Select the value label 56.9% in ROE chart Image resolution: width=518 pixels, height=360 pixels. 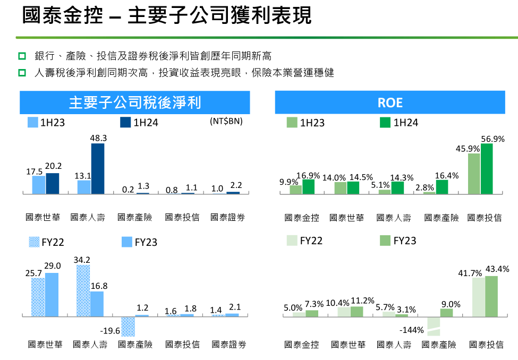coord(492,139)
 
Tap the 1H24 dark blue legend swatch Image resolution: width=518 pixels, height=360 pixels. coord(125,123)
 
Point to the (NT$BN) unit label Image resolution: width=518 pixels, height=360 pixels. coord(226,122)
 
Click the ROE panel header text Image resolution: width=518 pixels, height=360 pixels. coord(390,102)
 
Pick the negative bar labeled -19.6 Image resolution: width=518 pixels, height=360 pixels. coord(128,326)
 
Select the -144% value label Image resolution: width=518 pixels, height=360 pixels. coord(412,330)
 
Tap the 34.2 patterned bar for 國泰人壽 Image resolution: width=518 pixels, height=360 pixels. coord(83,290)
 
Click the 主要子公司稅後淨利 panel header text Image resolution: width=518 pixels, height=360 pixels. coord(135,102)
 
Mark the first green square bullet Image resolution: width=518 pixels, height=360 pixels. coord(22,56)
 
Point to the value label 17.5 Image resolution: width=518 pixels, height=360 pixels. coord(35,172)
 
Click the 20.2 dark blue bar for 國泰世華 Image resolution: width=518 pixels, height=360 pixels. coord(53,184)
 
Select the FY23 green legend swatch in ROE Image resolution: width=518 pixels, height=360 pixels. coord(386,241)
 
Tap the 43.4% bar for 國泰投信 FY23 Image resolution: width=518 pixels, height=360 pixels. coord(491,296)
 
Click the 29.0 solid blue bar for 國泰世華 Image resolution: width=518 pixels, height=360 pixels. coord(52,295)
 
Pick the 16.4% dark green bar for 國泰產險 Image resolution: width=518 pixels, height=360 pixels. coord(442,187)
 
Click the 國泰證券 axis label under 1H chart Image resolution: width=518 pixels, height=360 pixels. coord(227,217)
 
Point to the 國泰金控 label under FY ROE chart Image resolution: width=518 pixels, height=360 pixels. coord(302,345)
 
